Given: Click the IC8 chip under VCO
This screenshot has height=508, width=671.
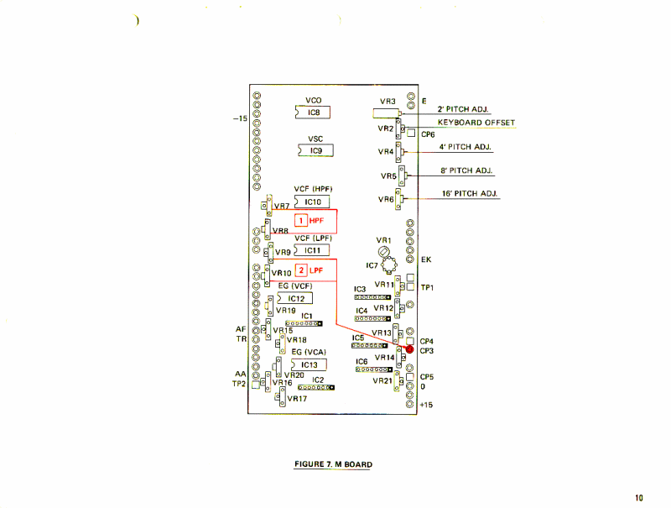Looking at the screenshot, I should click(314, 112).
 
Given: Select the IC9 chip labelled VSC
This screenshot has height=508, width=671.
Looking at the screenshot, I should click(315, 151).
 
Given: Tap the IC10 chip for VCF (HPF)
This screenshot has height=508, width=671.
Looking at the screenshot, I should click(313, 202).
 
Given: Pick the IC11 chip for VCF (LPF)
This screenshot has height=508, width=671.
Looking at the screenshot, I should click(311, 250).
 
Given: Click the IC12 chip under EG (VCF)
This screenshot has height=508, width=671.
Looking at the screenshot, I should click(295, 298).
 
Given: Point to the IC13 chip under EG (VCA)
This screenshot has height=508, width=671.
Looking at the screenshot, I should click(308, 364).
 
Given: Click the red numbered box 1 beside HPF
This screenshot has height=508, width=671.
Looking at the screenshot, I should click(300, 221).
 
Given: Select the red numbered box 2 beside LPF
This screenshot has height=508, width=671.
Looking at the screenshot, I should click(300, 270).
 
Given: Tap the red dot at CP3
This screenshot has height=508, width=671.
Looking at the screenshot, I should click(410, 349).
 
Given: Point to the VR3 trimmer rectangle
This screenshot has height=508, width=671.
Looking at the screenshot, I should click(386, 112).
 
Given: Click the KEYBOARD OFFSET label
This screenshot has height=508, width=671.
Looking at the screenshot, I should click(476, 123).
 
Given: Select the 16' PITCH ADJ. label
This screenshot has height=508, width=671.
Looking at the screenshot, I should click(470, 194).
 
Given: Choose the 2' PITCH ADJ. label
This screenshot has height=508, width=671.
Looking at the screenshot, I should click(464, 109).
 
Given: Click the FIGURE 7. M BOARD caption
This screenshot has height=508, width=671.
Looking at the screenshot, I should click(333, 464).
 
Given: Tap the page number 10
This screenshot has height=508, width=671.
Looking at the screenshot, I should click(639, 498).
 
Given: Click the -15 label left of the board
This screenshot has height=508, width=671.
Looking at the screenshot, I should click(239, 119).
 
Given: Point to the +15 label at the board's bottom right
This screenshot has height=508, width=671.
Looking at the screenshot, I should click(425, 405).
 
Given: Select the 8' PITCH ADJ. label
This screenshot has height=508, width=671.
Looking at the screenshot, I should click(466, 170).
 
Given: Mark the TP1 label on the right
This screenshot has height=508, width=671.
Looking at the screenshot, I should click(427, 287).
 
